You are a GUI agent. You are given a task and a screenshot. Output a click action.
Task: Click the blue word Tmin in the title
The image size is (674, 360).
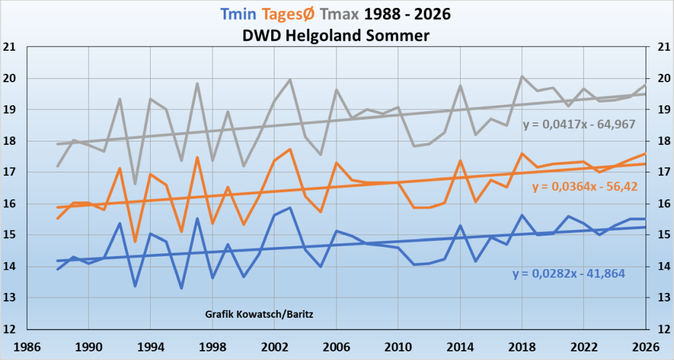(x=238, y=14)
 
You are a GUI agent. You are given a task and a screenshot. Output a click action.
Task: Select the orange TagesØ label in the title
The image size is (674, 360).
(x=288, y=14)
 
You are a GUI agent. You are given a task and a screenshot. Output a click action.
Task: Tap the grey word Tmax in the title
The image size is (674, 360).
(x=339, y=14)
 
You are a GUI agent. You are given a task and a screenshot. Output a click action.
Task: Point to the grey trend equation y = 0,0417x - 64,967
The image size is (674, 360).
(x=579, y=124)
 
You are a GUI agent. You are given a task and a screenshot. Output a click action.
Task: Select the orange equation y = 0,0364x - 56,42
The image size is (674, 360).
(x=584, y=187)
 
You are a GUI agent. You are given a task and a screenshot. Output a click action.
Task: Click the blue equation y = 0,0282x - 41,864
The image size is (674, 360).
(x=569, y=274)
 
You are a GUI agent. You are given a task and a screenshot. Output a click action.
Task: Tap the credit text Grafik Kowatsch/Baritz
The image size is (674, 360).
(x=259, y=314)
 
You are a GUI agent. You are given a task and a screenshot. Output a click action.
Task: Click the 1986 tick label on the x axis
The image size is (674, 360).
(x=26, y=347)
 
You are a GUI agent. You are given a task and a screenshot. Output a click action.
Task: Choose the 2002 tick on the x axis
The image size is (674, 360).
(x=274, y=347)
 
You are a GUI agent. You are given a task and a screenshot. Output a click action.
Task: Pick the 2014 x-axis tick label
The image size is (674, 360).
(x=460, y=347)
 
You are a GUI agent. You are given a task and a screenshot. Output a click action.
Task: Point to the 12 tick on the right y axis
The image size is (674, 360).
(x=664, y=329)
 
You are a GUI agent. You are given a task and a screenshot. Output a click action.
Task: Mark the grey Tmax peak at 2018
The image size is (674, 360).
(x=522, y=76)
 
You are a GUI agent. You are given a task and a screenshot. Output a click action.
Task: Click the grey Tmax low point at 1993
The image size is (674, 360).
(x=135, y=184)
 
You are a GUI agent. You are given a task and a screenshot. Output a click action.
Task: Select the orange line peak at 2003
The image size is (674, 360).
(x=290, y=149)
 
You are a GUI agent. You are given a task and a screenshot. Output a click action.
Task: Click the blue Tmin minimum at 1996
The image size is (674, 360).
(x=182, y=288)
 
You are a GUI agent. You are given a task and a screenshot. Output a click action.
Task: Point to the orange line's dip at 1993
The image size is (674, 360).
(x=135, y=242)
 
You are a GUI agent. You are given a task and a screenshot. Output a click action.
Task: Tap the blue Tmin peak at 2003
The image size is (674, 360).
(x=290, y=208)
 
